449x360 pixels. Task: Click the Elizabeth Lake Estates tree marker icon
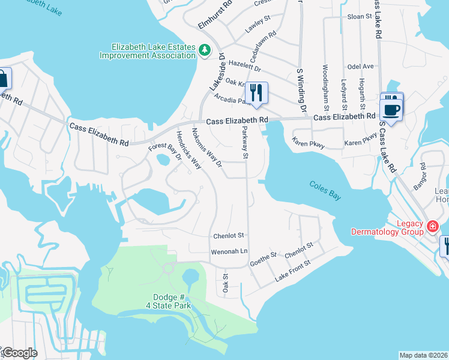tap(205, 50)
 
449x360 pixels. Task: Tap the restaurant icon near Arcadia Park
tap(256, 93)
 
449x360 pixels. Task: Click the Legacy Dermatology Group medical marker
tap(432, 227)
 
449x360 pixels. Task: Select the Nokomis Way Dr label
tap(207, 147)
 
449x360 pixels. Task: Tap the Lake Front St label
tap(292, 271)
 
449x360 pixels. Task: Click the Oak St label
tap(226, 283)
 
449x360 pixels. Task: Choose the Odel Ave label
tap(361, 66)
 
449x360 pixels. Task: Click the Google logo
tap(19, 353)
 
